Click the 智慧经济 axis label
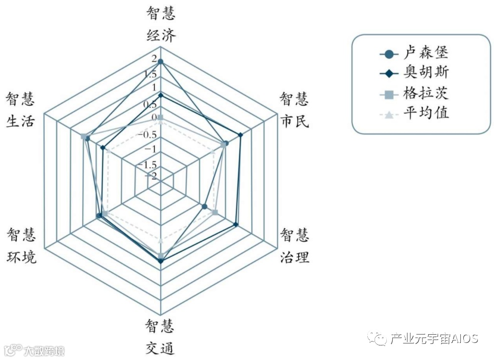(x=161, y=25)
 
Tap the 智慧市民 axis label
(x=294, y=110)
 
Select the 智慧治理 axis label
(x=294, y=246)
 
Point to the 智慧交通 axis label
(x=160, y=337)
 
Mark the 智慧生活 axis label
(x=20, y=110)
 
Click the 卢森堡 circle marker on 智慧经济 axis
(x=161, y=61)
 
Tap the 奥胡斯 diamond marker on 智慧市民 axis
(x=240, y=134)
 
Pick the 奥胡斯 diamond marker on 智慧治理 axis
(x=236, y=225)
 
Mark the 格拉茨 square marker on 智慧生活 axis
(x=83, y=136)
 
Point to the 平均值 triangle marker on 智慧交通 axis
(x=161, y=241)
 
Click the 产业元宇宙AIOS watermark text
(x=434, y=339)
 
